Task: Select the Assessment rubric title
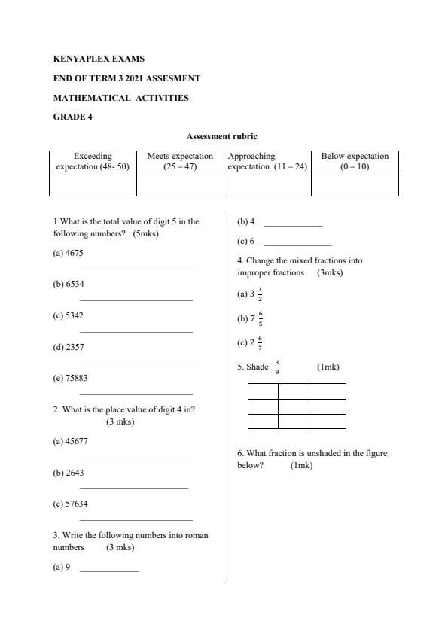click(x=222, y=136)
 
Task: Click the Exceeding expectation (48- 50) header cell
click(x=93, y=161)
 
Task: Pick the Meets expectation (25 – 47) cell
click(x=180, y=161)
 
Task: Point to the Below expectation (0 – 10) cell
click(x=355, y=161)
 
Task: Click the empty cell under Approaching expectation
click(x=267, y=184)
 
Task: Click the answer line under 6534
click(x=136, y=300)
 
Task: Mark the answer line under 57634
click(x=136, y=519)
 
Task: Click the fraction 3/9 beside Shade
click(x=278, y=367)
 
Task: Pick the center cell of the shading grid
click(x=294, y=406)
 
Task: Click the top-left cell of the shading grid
click(x=263, y=391)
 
